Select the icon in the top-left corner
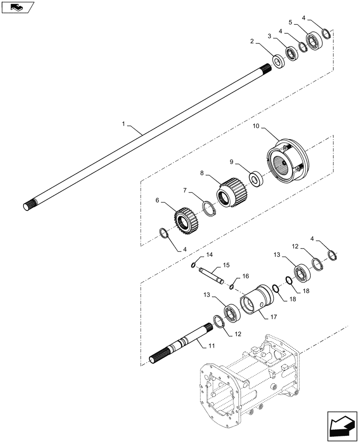pos(18,7)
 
